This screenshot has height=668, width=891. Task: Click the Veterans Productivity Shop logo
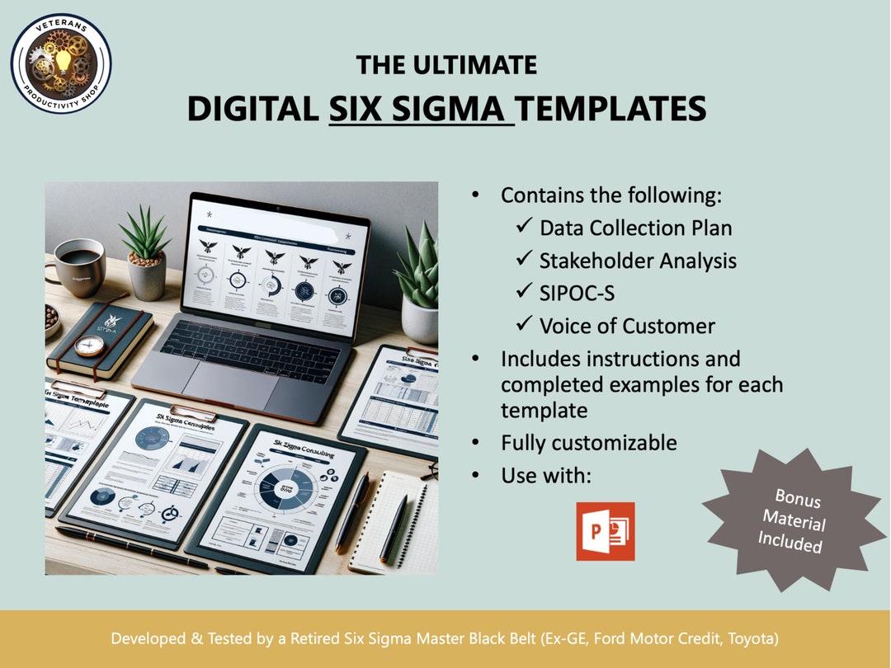[x=61, y=63]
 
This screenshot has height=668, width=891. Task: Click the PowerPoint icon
[x=605, y=531]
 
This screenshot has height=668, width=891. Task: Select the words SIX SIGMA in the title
[x=421, y=109]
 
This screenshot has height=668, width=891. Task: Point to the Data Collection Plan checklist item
[x=635, y=228]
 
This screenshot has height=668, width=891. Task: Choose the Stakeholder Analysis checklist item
[x=638, y=261]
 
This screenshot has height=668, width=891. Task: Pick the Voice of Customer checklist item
[x=627, y=326]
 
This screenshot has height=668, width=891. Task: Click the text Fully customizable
[x=589, y=443]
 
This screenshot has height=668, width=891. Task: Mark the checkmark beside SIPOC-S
[x=524, y=294]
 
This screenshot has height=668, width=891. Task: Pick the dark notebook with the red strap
[x=98, y=338]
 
